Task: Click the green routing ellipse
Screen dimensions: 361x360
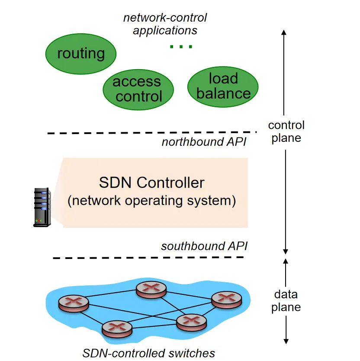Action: point(81,54)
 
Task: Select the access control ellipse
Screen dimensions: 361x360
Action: point(138,89)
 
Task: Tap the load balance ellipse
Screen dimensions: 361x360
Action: point(223,86)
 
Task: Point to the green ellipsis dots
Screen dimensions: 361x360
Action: point(181,46)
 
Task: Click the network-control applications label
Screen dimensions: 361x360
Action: point(165,24)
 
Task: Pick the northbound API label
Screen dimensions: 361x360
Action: point(204,142)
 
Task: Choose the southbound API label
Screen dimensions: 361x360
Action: point(204,246)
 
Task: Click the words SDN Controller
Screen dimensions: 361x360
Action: point(151,182)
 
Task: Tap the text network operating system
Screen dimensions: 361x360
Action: point(151,201)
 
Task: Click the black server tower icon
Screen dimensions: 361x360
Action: point(42,207)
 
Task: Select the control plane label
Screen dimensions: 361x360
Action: point(286,131)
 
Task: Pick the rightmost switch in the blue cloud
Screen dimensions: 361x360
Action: point(226,299)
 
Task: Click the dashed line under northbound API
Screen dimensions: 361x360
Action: point(151,132)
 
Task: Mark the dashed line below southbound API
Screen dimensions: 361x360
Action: point(148,258)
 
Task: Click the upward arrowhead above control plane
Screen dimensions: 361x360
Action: point(284,33)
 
